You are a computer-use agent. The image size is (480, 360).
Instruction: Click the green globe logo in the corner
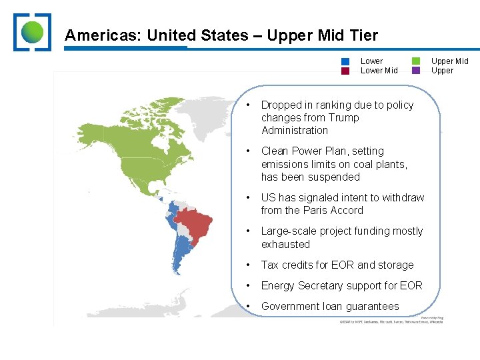[x=32, y=32]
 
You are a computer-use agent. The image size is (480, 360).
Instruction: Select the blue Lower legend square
[x=345, y=61]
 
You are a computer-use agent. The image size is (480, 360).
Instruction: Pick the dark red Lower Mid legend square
[x=345, y=71]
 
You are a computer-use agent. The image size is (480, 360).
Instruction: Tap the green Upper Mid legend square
[x=416, y=61]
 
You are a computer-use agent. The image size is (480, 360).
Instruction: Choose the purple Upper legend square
[x=416, y=71]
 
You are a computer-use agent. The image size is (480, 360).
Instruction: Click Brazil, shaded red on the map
[x=195, y=223]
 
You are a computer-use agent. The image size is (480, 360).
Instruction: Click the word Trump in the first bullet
[x=344, y=118]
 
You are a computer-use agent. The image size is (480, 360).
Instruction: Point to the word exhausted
[x=285, y=245]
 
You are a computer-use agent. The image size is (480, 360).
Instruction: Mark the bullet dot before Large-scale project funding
[x=248, y=231]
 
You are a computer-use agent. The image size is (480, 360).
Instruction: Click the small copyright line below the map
[x=390, y=322]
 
